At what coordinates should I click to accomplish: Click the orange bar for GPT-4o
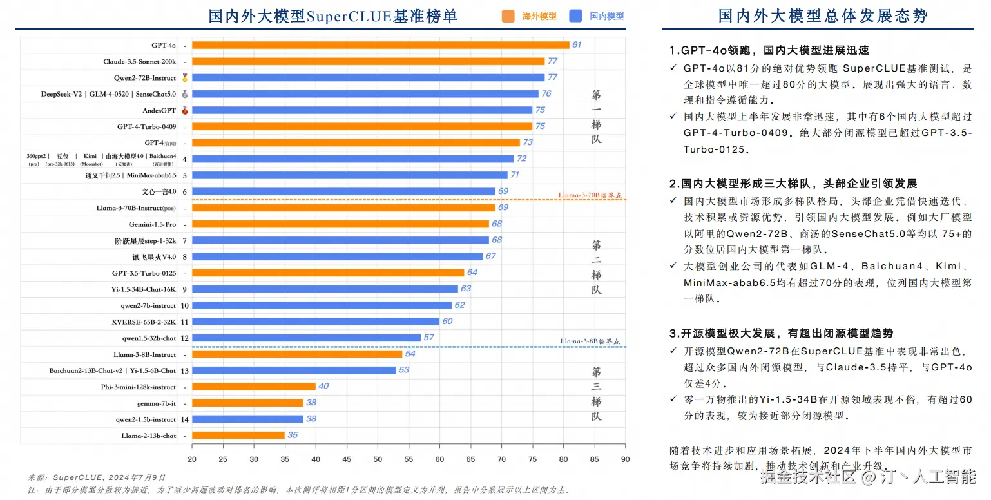click(x=380, y=45)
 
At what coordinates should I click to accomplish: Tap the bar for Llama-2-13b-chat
click(x=238, y=436)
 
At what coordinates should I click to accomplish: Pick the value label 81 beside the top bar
click(x=577, y=45)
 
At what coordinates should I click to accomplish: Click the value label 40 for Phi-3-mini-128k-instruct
click(x=323, y=387)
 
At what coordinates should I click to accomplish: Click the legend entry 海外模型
click(x=539, y=16)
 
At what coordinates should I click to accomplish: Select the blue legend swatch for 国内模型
click(x=576, y=16)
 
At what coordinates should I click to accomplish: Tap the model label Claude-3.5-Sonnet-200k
click(x=139, y=62)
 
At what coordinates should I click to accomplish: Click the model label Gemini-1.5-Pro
click(x=152, y=224)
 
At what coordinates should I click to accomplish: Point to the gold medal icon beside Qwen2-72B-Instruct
click(x=185, y=78)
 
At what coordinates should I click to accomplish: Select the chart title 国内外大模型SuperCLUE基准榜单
click(x=332, y=16)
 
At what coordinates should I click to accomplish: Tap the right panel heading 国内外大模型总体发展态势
click(x=823, y=16)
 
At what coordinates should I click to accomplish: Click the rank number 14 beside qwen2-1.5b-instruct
click(x=185, y=419)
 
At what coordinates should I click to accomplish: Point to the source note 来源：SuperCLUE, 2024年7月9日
click(x=97, y=477)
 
